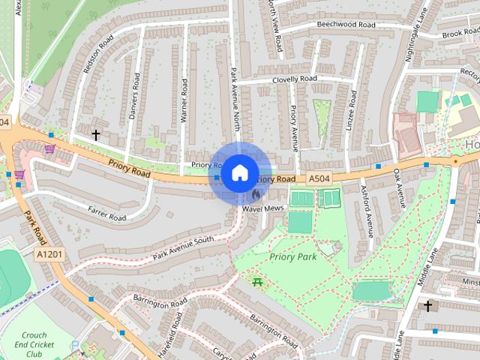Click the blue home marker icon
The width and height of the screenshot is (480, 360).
pyautogui.click(x=238, y=172)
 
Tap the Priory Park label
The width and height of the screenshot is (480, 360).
pyautogui.click(x=293, y=256)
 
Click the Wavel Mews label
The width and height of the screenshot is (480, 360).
pyautogui.click(x=262, y=208)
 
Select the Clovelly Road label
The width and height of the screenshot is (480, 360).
pyautogui.click(x=295, y=79)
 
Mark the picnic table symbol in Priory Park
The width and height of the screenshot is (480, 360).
pyautogui.click(x=257, y=282)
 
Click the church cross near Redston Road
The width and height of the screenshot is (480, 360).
pyautogui.click(x=95, y=135)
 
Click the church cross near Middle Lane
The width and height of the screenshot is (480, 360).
pyautogui.click(x=428, y=306)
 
